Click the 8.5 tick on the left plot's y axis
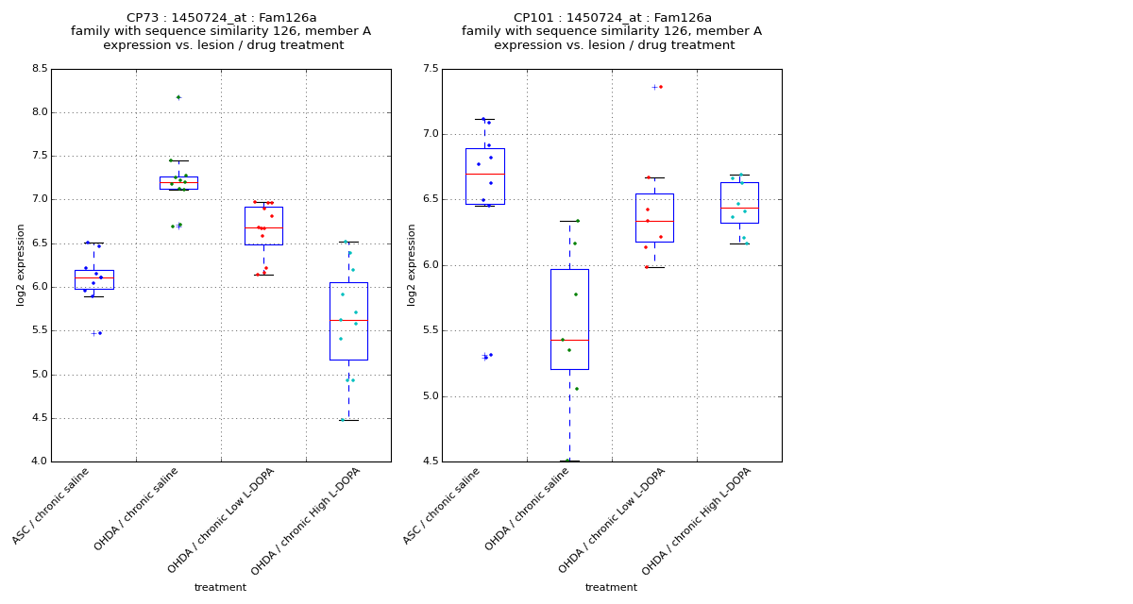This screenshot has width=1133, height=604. [x=39, y=69]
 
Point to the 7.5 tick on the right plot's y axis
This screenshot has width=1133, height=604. [x=430, y=69]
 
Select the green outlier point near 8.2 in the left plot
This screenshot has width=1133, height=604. [x=178, y=97]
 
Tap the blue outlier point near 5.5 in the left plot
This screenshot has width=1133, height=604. [x=100, y=332]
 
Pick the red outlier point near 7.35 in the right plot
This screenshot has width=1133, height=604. [x=660, y=87]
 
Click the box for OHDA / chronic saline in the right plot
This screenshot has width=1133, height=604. [x=569, y=319]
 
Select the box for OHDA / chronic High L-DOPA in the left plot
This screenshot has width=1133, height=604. [x=348, y=321]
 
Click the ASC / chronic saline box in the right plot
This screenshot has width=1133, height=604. [x=484, y=176]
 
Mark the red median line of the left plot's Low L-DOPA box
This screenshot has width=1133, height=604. [x=263, y=227]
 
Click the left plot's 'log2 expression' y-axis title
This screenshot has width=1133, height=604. [x=22, y=264]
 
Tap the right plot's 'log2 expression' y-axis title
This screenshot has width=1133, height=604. [x=413, y=264]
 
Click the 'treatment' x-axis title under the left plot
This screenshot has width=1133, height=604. [x=220, y=588]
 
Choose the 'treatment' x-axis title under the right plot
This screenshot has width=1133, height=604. [x=611, y=588]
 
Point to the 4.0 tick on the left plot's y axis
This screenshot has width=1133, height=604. [x=39, y=461]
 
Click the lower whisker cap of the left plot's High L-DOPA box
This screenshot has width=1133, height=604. [x=348, y=420]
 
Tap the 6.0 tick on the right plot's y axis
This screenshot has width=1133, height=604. [x=430, y=265]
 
